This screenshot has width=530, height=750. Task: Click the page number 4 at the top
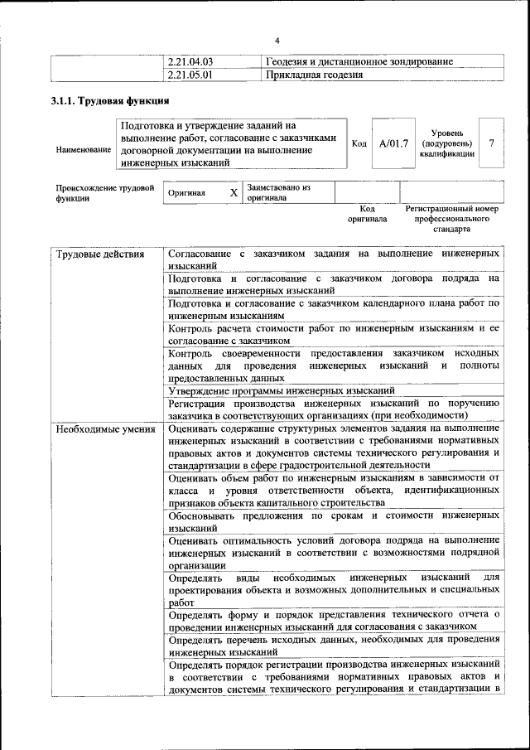pyautogui.click(x=277, y=41)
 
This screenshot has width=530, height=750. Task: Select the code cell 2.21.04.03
pyautogui.click(x=190, y=61)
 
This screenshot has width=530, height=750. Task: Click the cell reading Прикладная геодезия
pyautogui.click(x=315, y=75)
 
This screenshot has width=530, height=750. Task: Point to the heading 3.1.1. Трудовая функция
pyautogui.click(x=110, y=101)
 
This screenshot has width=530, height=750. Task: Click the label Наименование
pyautogui.click(x=83, y=149)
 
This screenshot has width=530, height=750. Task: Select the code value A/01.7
pyautogui.click(x=393, y=143)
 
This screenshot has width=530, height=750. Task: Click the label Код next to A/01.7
pyautogui.click(x=359, y=143)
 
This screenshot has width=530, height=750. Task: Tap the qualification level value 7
pyautogui.click(x=492, y=143)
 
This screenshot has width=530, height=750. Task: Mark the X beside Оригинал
pyautogui.click(x=234, y=193)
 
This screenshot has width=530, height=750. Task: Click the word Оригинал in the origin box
pyautogui.click(x=186, y=193)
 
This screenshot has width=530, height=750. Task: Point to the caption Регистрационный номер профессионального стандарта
pyautogui.click(x=451, y=219)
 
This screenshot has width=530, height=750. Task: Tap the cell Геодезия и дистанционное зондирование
pyautogui.click(x=359, y=61)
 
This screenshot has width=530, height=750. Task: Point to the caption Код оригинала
pyautogui.click(x=368, y=214)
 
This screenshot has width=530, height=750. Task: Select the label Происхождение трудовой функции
pyautogui.click(x=104, y=193)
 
